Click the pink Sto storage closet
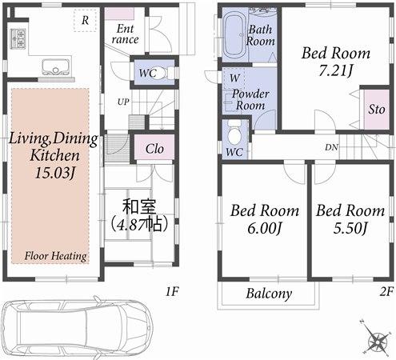(376, 110)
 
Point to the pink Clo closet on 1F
(154, 148)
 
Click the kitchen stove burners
(17, 38)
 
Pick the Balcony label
(268, 294)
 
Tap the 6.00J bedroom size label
(265, 229)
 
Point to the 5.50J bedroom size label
(349, 229)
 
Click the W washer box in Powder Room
(233, 79)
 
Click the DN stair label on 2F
(331, 147)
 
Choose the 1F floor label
(172, 293)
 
